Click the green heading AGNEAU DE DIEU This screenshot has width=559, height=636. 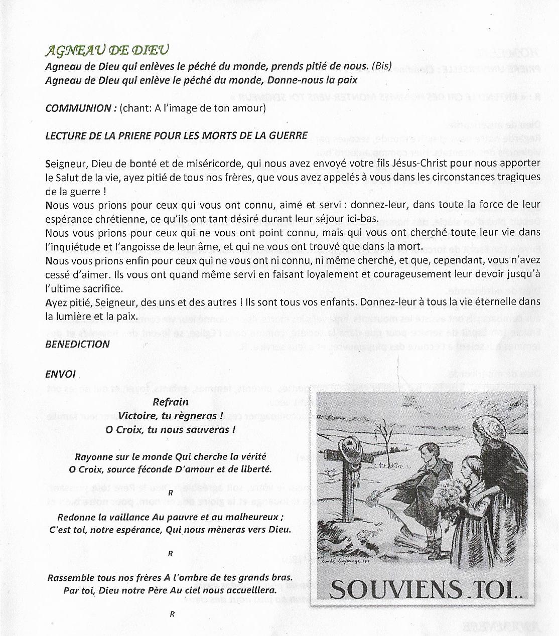click(x=106, y=50)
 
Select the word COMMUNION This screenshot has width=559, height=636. click(x=78, y=108)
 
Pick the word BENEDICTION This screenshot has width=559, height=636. click(x=77, y=344)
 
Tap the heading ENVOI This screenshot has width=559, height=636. click(x=60, y=374)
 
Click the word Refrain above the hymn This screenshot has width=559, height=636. click(x=171, y=402)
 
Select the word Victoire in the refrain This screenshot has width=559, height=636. click(x=136, y=416)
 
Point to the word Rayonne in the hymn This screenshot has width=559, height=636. click(x=93, y=457)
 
